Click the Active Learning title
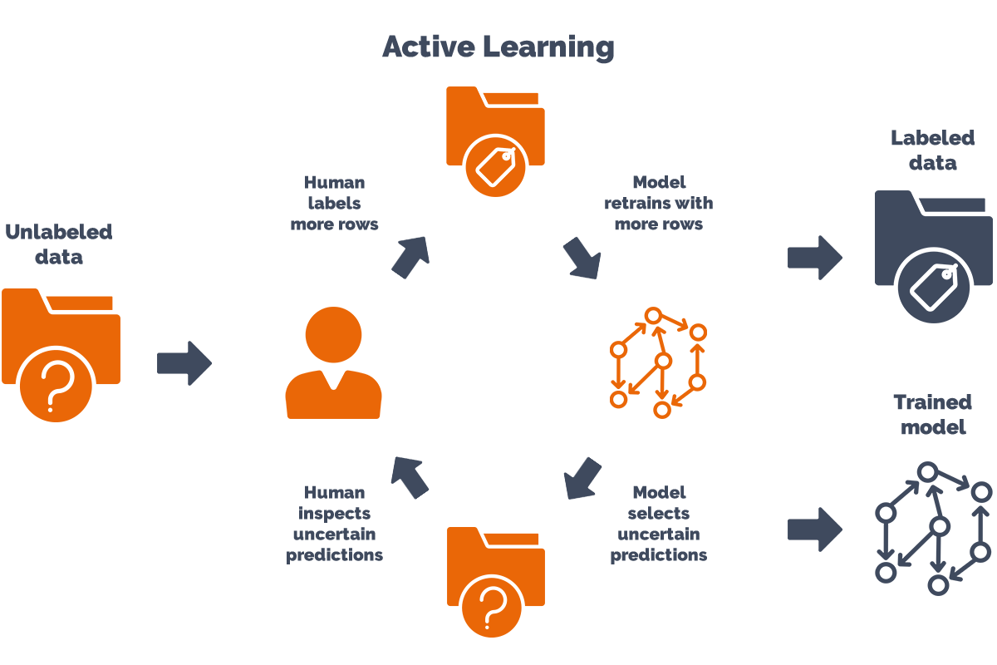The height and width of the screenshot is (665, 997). (498, 47)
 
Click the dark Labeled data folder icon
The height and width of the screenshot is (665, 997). (933, 254)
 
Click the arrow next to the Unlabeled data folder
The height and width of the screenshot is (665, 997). (184, 363)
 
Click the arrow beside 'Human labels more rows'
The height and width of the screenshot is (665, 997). (410, 256)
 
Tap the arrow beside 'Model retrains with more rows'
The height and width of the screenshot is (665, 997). (582, 257)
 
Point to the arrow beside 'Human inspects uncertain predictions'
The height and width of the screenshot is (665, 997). (410, 477)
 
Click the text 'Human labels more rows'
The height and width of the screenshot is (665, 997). (334, 203)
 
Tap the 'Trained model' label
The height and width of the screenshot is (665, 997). (932, 415)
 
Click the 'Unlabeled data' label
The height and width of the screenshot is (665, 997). (59, 244)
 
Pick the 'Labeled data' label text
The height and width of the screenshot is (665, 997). (932, 150)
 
